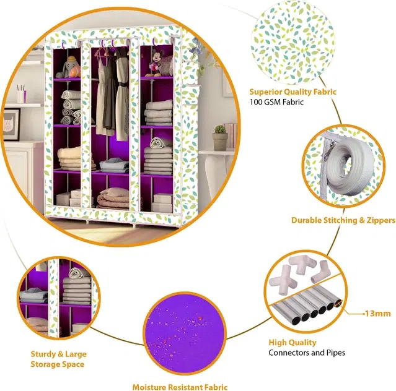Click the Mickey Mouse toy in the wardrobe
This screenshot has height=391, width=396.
coord(155,63)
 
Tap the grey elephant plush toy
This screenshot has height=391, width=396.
coord(67,67)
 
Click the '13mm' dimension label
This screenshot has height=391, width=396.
coord(378,314)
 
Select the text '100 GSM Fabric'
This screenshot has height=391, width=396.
coord(276,102)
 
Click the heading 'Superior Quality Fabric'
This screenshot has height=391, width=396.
coord(293,92)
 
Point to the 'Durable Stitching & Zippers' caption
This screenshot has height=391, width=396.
coord(343,220)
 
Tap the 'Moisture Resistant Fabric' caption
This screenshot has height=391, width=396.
coord(180,387)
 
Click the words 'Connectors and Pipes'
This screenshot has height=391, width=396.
coord(307,353)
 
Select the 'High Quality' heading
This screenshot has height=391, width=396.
coord(293,342)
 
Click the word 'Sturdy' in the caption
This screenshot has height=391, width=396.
coord(42,354)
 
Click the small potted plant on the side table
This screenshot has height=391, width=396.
coord(220,137)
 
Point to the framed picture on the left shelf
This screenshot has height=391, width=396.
coord(11,124)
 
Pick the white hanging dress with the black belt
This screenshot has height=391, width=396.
coord(122,95)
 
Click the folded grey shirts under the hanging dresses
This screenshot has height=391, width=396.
coord(114,166)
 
